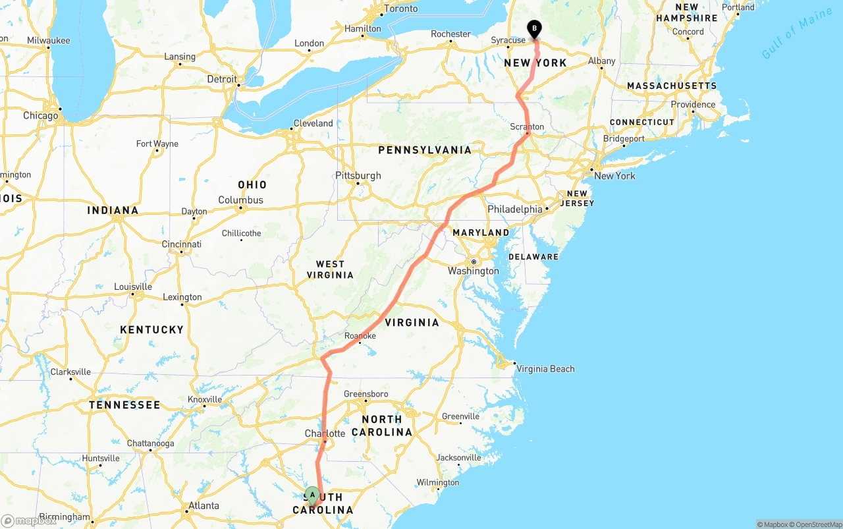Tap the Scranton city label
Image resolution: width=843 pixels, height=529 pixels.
click(x=527, y=126)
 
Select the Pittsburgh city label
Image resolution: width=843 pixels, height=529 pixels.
click(x=358, y=175)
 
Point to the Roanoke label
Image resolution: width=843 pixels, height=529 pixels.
click(x=360, y=335)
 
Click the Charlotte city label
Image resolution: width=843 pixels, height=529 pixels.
click(x=325, y=433)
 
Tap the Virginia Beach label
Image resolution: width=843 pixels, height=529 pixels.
click(x=545, y=369)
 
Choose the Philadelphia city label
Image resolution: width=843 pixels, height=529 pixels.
click(x=515, y=209)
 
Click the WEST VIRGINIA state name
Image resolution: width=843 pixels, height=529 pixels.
click(x=330, y=269)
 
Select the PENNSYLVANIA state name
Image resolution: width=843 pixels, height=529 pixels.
click(x=425, y=150)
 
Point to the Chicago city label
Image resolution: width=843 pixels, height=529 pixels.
click(x=41, y=116)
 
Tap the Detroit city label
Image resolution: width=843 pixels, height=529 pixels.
click(x=222, y=79)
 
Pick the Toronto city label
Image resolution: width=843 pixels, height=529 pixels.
click(x=400, y=9)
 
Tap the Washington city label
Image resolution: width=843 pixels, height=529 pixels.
click(x=474, y=271)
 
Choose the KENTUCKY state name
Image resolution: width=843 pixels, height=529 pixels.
click(x=151, y=329)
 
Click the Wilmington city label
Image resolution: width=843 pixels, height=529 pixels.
click(x=438, y=482)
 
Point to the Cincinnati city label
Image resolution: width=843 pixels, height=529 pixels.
click(x=182, y=244)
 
